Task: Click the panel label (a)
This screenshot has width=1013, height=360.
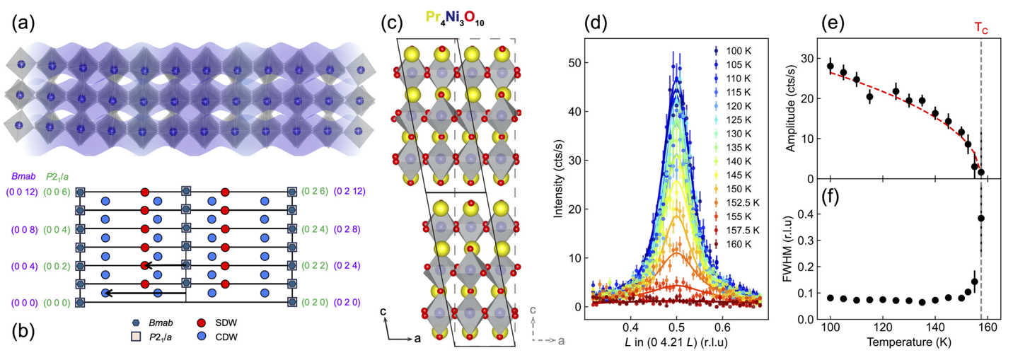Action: (23, 23)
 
